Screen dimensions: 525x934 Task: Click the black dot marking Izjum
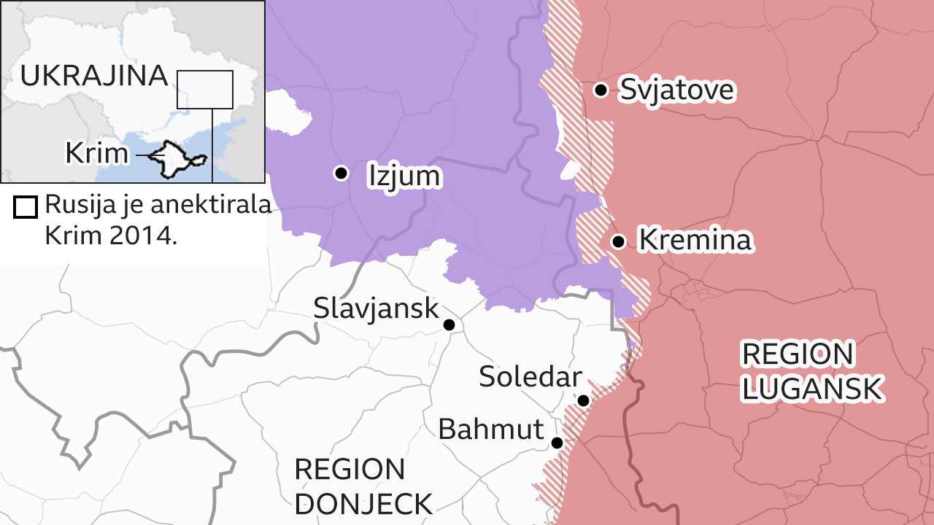(x=340, y=173)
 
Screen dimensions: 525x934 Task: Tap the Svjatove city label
(x=676, y=90)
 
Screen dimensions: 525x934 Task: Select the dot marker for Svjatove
(x=601, y=90)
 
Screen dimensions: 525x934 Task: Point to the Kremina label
(x=694, y=240)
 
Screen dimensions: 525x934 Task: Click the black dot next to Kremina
(x=618, y=241)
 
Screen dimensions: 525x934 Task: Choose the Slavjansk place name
(x=376, y=308)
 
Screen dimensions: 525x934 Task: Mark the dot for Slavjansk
(x=449, y=324)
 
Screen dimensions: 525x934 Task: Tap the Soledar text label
(x=530, y=377)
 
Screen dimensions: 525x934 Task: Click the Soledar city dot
(x=583, y=400)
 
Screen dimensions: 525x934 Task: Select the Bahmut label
(x=490, y=429)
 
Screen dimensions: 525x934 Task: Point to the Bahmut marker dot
(x=557, y=443)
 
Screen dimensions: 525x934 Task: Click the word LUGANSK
(x=812, y=389)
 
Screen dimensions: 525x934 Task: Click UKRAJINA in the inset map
(x=94, y=76)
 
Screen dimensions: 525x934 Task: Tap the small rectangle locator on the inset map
(x=205, y=90)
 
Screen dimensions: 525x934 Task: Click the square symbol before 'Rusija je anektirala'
(x=26, y=207)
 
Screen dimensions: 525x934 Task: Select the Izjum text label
(x=404, y=176)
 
